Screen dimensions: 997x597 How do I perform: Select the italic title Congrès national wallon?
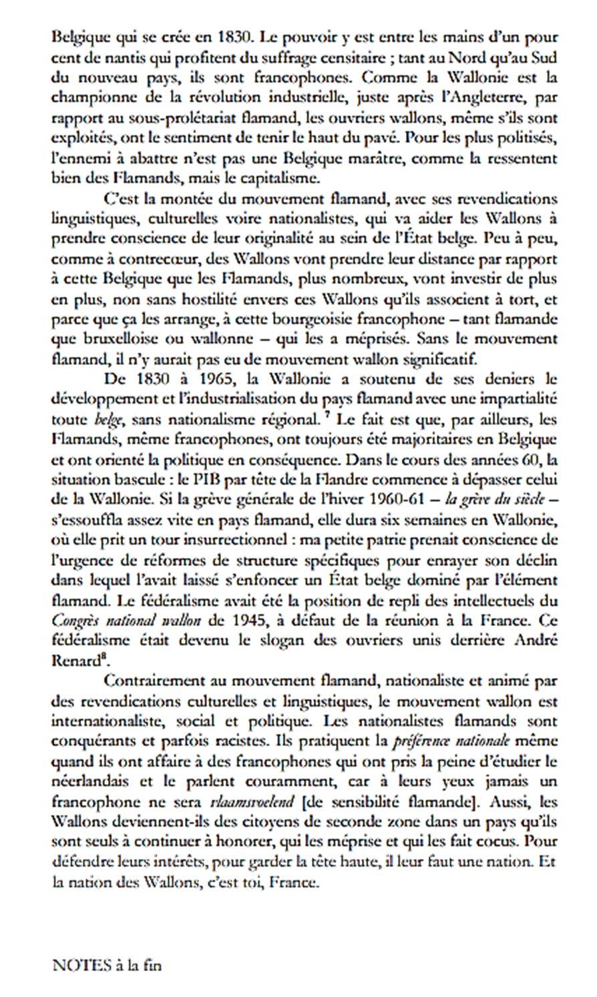tap(126, 619)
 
